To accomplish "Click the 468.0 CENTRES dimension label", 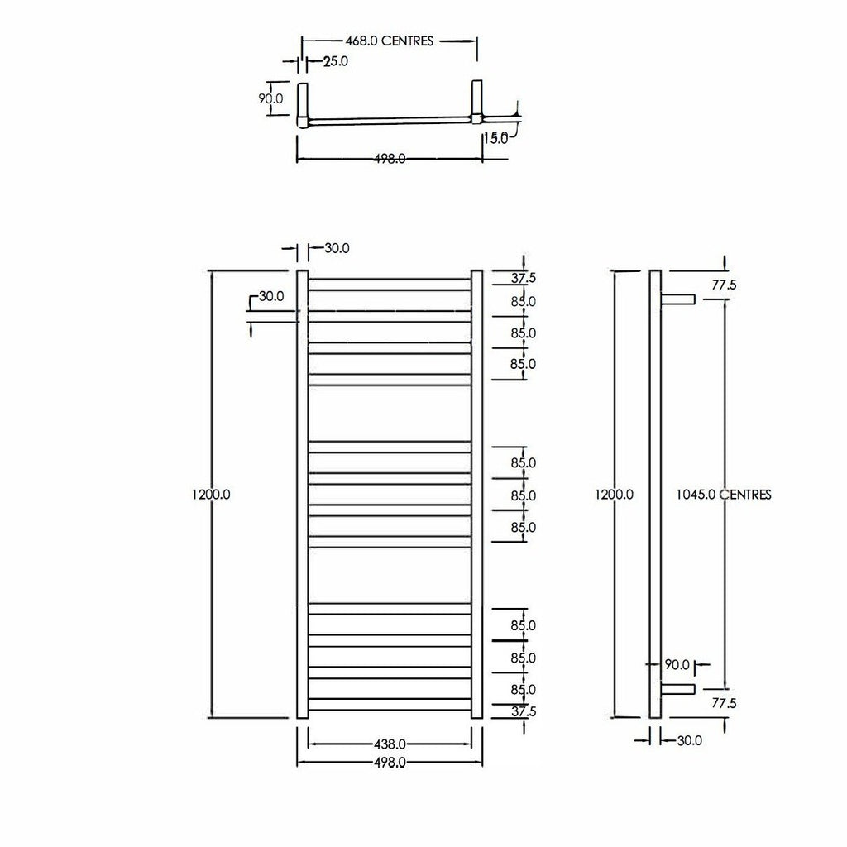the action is [x=390, y=41].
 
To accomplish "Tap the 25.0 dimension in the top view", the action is [x=336, y=61].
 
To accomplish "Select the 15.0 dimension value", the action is [x=496, y=138].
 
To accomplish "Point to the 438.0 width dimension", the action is [x=390, y=744].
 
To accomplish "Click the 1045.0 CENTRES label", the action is [x=724, y=495].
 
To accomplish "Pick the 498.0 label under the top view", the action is [x=390, y=159].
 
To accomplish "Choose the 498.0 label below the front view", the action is [x=390, y=762].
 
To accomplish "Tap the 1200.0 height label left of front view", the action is [x=211, y=495].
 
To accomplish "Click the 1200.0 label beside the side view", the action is [x=615, y=495].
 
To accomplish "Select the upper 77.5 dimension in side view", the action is [x=724, y=285].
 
